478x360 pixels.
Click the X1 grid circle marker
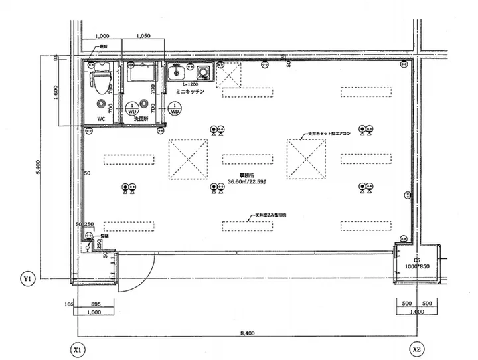pos(78,348)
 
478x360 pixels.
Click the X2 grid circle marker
pos(416,348)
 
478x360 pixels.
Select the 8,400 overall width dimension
pos(247,333)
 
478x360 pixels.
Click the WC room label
pos(102,119)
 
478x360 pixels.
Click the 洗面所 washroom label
pos(141,119)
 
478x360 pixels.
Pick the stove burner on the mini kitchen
pos(202,71)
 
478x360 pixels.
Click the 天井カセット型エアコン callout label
pos(329,134)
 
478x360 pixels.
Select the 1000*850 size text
pos(418,266)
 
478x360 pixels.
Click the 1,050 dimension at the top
pos(145,36)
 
